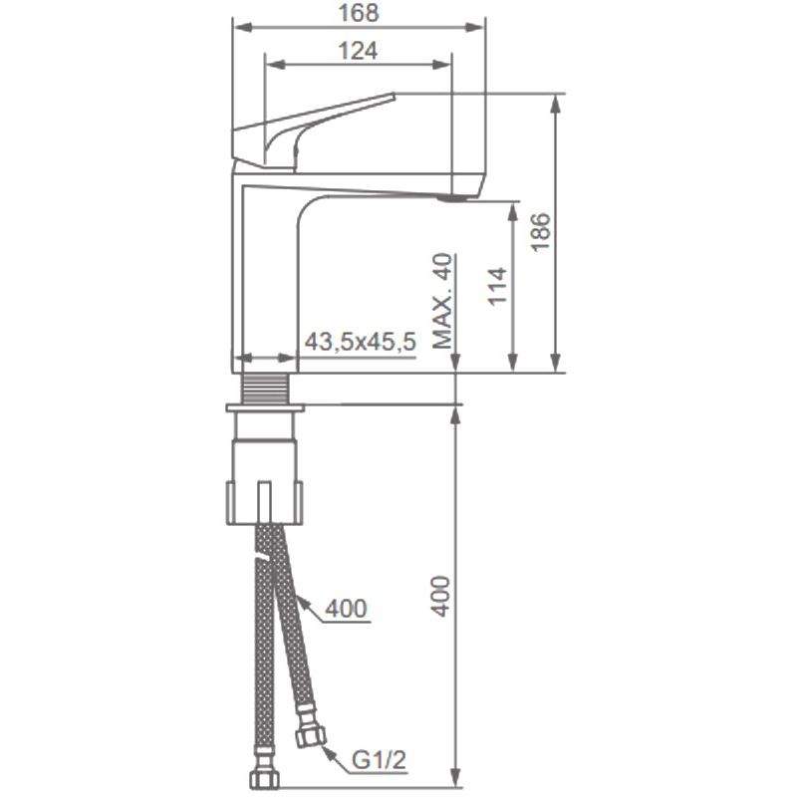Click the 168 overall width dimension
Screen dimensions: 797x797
359,13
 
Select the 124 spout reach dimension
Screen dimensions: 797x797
359,51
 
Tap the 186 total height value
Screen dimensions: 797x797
541,232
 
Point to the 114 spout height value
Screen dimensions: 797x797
498,286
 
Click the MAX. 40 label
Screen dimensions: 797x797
442,301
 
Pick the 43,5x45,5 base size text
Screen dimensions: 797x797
361,342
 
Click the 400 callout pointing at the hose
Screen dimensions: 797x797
346,608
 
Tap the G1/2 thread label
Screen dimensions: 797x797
380,760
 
